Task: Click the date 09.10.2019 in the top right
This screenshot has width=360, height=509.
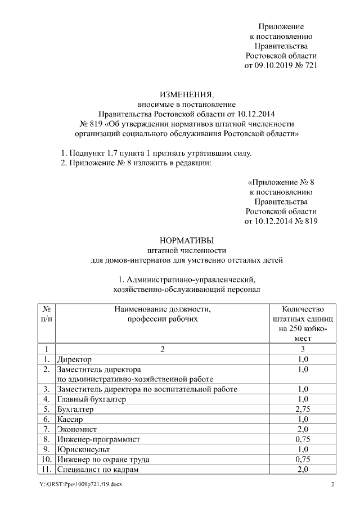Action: pos(274,66)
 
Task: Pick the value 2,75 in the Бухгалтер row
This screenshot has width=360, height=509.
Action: pos(303,409)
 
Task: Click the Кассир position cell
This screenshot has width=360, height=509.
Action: pos(70,420)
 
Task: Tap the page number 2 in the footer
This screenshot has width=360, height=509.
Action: pos(332,485)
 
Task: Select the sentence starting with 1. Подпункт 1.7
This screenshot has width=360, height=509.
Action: pos(156,153)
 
